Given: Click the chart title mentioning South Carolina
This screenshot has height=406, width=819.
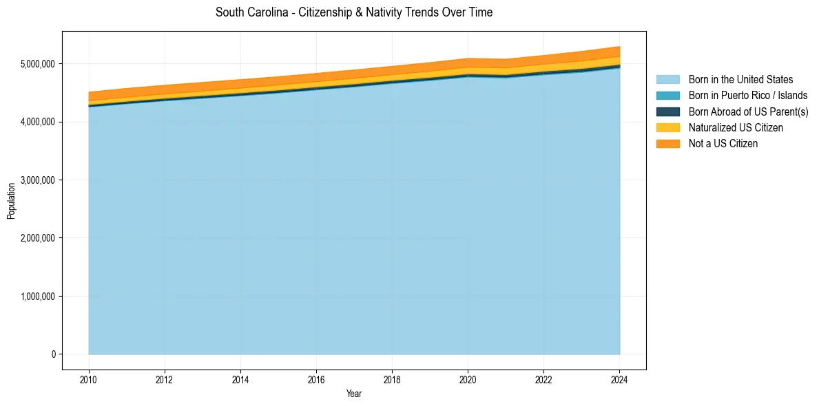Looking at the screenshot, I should (x=353, y=12).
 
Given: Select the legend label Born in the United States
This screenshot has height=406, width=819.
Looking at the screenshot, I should (x=740, y=80).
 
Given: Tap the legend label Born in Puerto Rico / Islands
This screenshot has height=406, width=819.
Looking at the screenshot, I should (x=747, y=96).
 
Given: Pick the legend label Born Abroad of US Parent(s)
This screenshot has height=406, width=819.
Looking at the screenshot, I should (x=748, y=111).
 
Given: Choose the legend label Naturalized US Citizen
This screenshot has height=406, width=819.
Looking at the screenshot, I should (x=736, y=127).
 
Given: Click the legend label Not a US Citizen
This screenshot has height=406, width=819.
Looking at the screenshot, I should (x=723, y=143).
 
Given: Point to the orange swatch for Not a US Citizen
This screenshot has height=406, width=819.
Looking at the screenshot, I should (x=667, y=143).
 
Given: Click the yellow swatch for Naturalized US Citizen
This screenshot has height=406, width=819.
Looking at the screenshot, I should (x=667, y=127).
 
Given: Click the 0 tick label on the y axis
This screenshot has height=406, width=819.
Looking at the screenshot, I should (x=52, y=354).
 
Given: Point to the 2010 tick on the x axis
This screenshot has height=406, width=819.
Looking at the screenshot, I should (x=89, y=379).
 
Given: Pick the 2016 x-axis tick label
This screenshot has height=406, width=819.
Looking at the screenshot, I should (x=316, y=379).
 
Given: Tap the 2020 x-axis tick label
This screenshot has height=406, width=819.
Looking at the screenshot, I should (x=468, y=379).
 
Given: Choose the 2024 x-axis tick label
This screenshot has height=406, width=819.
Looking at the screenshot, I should (x=619, y=379).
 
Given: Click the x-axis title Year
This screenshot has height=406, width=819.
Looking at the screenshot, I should (x=353, y=394).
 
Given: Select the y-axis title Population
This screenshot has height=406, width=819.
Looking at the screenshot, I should (x=11, y=201).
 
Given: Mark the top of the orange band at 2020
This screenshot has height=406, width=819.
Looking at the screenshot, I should (x=468, y=59).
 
